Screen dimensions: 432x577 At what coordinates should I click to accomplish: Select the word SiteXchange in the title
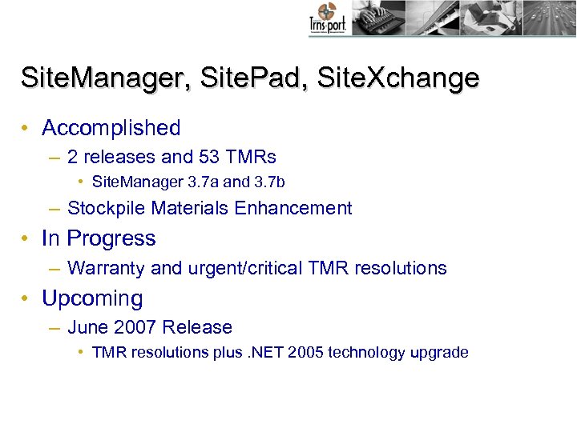(x=398, y=78)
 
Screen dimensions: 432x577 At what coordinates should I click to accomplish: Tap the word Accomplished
(x=111, y=128)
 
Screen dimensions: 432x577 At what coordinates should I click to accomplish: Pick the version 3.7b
(x=268, y=182)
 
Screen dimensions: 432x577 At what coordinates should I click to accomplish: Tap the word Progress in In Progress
(x=111, y=238)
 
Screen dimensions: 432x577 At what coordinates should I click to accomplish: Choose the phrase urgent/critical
(x=245, y=268)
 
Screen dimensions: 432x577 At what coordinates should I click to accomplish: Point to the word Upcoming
(x=92, y=298)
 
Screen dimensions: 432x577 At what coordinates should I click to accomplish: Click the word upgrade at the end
(x=439, y=353)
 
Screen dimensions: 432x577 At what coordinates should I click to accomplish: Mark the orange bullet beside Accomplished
(x=27, y=129)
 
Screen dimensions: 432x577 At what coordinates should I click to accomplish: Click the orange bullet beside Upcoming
(x=27, y=299)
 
